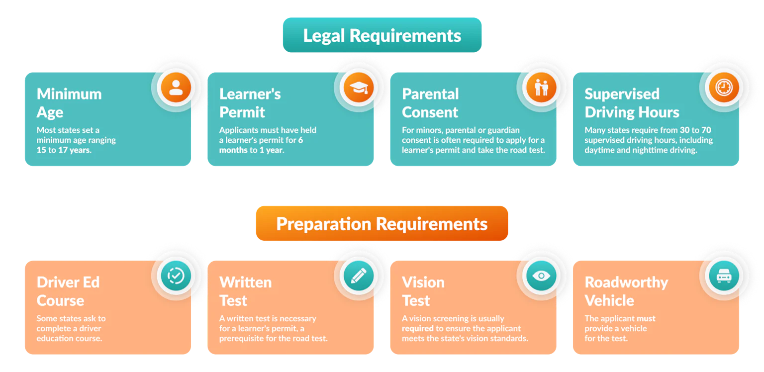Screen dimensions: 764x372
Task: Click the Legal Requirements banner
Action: tap(382, 35)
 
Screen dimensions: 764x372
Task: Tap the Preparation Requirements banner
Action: tap(382, 223)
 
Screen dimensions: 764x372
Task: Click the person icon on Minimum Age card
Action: tap(176, 88)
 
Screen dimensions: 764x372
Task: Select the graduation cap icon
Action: tap(359, 88)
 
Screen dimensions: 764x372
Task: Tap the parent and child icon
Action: tap(541, 88)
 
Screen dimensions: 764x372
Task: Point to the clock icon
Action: tap(724, 88)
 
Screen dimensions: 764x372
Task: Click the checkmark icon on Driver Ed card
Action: tap(176, 276)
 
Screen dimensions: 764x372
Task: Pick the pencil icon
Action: tap(359, 276)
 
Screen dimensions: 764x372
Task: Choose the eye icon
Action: tap(541, 276)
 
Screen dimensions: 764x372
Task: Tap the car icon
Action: tap(724, 276)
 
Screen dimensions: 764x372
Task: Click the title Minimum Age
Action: tap(69, 103)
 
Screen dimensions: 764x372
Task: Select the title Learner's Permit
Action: tap(250, 103)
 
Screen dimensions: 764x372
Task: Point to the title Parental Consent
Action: tap(430, 103)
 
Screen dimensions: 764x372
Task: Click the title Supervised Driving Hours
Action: tap(632, 103)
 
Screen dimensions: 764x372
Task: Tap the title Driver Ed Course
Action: tap(68, 291)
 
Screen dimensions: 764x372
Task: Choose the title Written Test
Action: tap(246, 291)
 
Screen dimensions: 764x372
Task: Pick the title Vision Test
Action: tap(423, 291)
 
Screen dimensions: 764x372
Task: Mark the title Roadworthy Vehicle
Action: tap(627, 291)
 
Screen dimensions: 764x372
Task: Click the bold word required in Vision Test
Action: tap(418, 329)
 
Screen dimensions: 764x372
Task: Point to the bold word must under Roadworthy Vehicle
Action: tap(646, 318)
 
